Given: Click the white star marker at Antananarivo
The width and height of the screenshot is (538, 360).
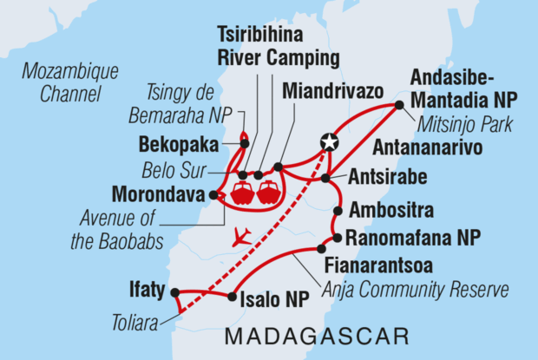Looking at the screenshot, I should pos(329,141).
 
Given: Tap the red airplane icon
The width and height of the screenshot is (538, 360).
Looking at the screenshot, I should pos(241,235).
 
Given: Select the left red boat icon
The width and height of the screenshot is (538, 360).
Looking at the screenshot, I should pos(241,193).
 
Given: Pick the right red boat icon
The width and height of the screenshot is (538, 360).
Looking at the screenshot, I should pos(269,193).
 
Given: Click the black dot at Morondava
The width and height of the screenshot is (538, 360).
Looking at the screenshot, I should pos(213,195).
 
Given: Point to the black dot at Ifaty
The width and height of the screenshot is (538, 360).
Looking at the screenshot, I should pos(174,292).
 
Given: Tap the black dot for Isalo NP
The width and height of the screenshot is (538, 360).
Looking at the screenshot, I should pos(232,297).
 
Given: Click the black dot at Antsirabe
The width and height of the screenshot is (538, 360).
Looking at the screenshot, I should pos(325,178).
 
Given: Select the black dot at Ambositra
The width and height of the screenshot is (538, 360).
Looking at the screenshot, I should pos(338,210).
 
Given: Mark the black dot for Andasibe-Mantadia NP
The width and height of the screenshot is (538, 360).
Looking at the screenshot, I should pos(399,105).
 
